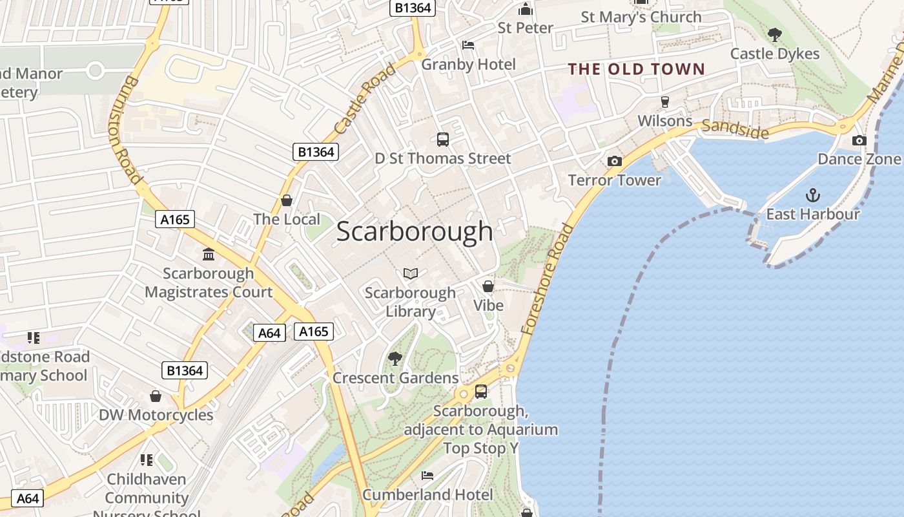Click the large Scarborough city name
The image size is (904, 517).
point(415,231)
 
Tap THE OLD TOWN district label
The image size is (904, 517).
point(636,69)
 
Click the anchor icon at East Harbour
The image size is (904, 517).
point(812,195)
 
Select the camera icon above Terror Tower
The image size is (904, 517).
point(615,161)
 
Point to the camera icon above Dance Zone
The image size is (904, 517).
point(859,140)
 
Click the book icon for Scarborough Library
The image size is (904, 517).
point(411,273)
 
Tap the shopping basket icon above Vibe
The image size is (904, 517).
point(488,286)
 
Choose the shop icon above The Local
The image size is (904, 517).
point(287,200)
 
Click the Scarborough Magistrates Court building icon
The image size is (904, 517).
point(209,255)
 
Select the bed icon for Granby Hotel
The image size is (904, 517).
point(468,45)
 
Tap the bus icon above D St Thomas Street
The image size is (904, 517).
point(443,139)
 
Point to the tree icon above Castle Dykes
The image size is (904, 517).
point(774,35)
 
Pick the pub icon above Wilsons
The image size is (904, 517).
point(664,102)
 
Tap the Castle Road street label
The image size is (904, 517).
point(365,98)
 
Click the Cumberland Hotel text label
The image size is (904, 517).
point(427,495)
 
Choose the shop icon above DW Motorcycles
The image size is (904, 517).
point(156,396)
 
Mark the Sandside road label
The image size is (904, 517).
point(735,129)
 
